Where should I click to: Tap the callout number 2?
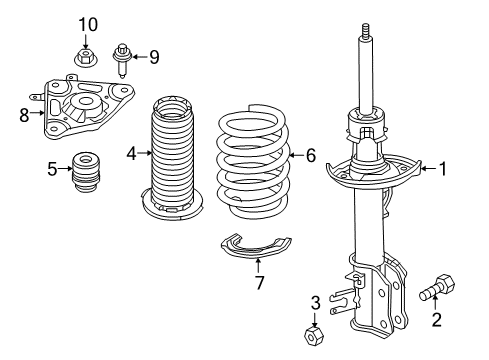tap(435, 320)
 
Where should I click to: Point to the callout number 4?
tap(131, 153)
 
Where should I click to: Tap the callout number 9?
tap(153, 57)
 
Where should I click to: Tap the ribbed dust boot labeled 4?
tap(171, 160)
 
